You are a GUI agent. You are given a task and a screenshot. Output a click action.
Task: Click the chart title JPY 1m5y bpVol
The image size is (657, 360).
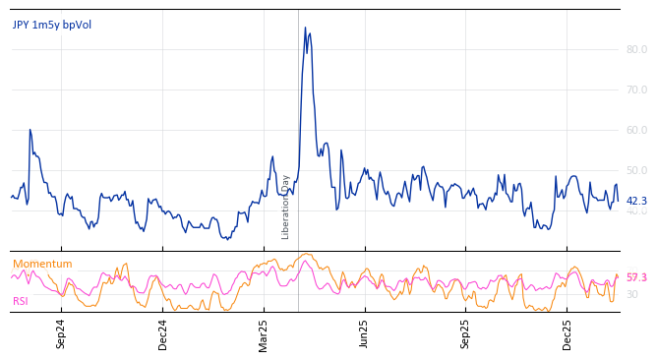click(52, 26)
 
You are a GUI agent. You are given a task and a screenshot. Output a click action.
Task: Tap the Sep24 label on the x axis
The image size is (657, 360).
click(61, 333)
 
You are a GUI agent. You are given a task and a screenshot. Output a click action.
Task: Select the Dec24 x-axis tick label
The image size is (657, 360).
click(163, 333)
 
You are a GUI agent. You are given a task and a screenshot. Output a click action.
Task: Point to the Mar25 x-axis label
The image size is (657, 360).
click(264, 333)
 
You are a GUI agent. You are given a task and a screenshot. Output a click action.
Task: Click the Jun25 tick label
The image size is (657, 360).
click(365, 333)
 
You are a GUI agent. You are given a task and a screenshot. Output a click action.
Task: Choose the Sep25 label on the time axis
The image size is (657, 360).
click(466, 333)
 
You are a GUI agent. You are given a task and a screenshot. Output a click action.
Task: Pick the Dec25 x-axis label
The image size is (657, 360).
click(567, 333)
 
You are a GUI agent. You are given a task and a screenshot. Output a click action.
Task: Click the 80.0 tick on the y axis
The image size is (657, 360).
click(636, 49)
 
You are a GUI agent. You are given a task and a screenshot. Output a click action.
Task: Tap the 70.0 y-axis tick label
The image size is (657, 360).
click(636, 90)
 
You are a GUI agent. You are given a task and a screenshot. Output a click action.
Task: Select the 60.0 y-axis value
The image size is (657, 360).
click(636, 130)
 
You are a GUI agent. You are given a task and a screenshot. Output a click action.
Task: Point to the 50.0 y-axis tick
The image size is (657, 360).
click(636, 170)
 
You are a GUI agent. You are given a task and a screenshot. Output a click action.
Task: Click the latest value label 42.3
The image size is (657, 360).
click(636, 202)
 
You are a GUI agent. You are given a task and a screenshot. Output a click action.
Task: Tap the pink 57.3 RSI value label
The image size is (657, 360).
click(636, 278)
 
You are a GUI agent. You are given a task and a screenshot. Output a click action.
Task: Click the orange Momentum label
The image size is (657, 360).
click(42, 265)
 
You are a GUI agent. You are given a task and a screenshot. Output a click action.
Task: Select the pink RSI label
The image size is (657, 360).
click(21, 302)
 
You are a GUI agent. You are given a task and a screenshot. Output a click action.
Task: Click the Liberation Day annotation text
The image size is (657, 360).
click(286, 207)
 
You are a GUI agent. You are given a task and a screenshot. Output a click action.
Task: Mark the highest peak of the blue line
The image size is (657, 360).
click(305, 28)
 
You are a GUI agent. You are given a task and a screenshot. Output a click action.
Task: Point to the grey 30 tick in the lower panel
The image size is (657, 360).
click(632, 294)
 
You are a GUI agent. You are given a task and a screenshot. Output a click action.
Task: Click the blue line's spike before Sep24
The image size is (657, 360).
click(30, 130)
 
